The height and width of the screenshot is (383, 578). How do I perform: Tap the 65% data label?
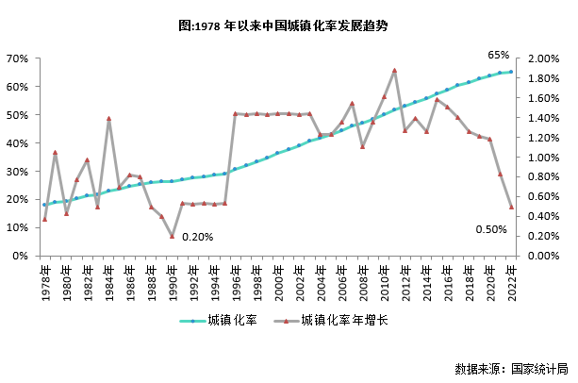pos(499,55)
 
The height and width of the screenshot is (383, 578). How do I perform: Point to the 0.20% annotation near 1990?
pos(197,237)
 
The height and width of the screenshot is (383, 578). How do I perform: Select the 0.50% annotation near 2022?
pos(490,230)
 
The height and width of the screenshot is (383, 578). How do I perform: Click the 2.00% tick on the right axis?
pos(543,58)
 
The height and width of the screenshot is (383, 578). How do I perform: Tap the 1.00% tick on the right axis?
pos(543,157)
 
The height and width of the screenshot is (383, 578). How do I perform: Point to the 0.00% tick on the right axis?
pos(543,256)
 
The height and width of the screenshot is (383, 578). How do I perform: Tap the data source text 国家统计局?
pos(512,368)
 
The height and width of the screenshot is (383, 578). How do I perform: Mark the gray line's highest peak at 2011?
pos(394,70)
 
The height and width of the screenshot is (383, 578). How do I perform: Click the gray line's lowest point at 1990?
pos(172,236)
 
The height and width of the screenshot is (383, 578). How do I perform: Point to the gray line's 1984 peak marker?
pos(108,119)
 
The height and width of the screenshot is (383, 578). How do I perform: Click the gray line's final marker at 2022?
pos(511,207)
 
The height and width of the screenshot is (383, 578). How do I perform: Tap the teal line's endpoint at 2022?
pos(511,72)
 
